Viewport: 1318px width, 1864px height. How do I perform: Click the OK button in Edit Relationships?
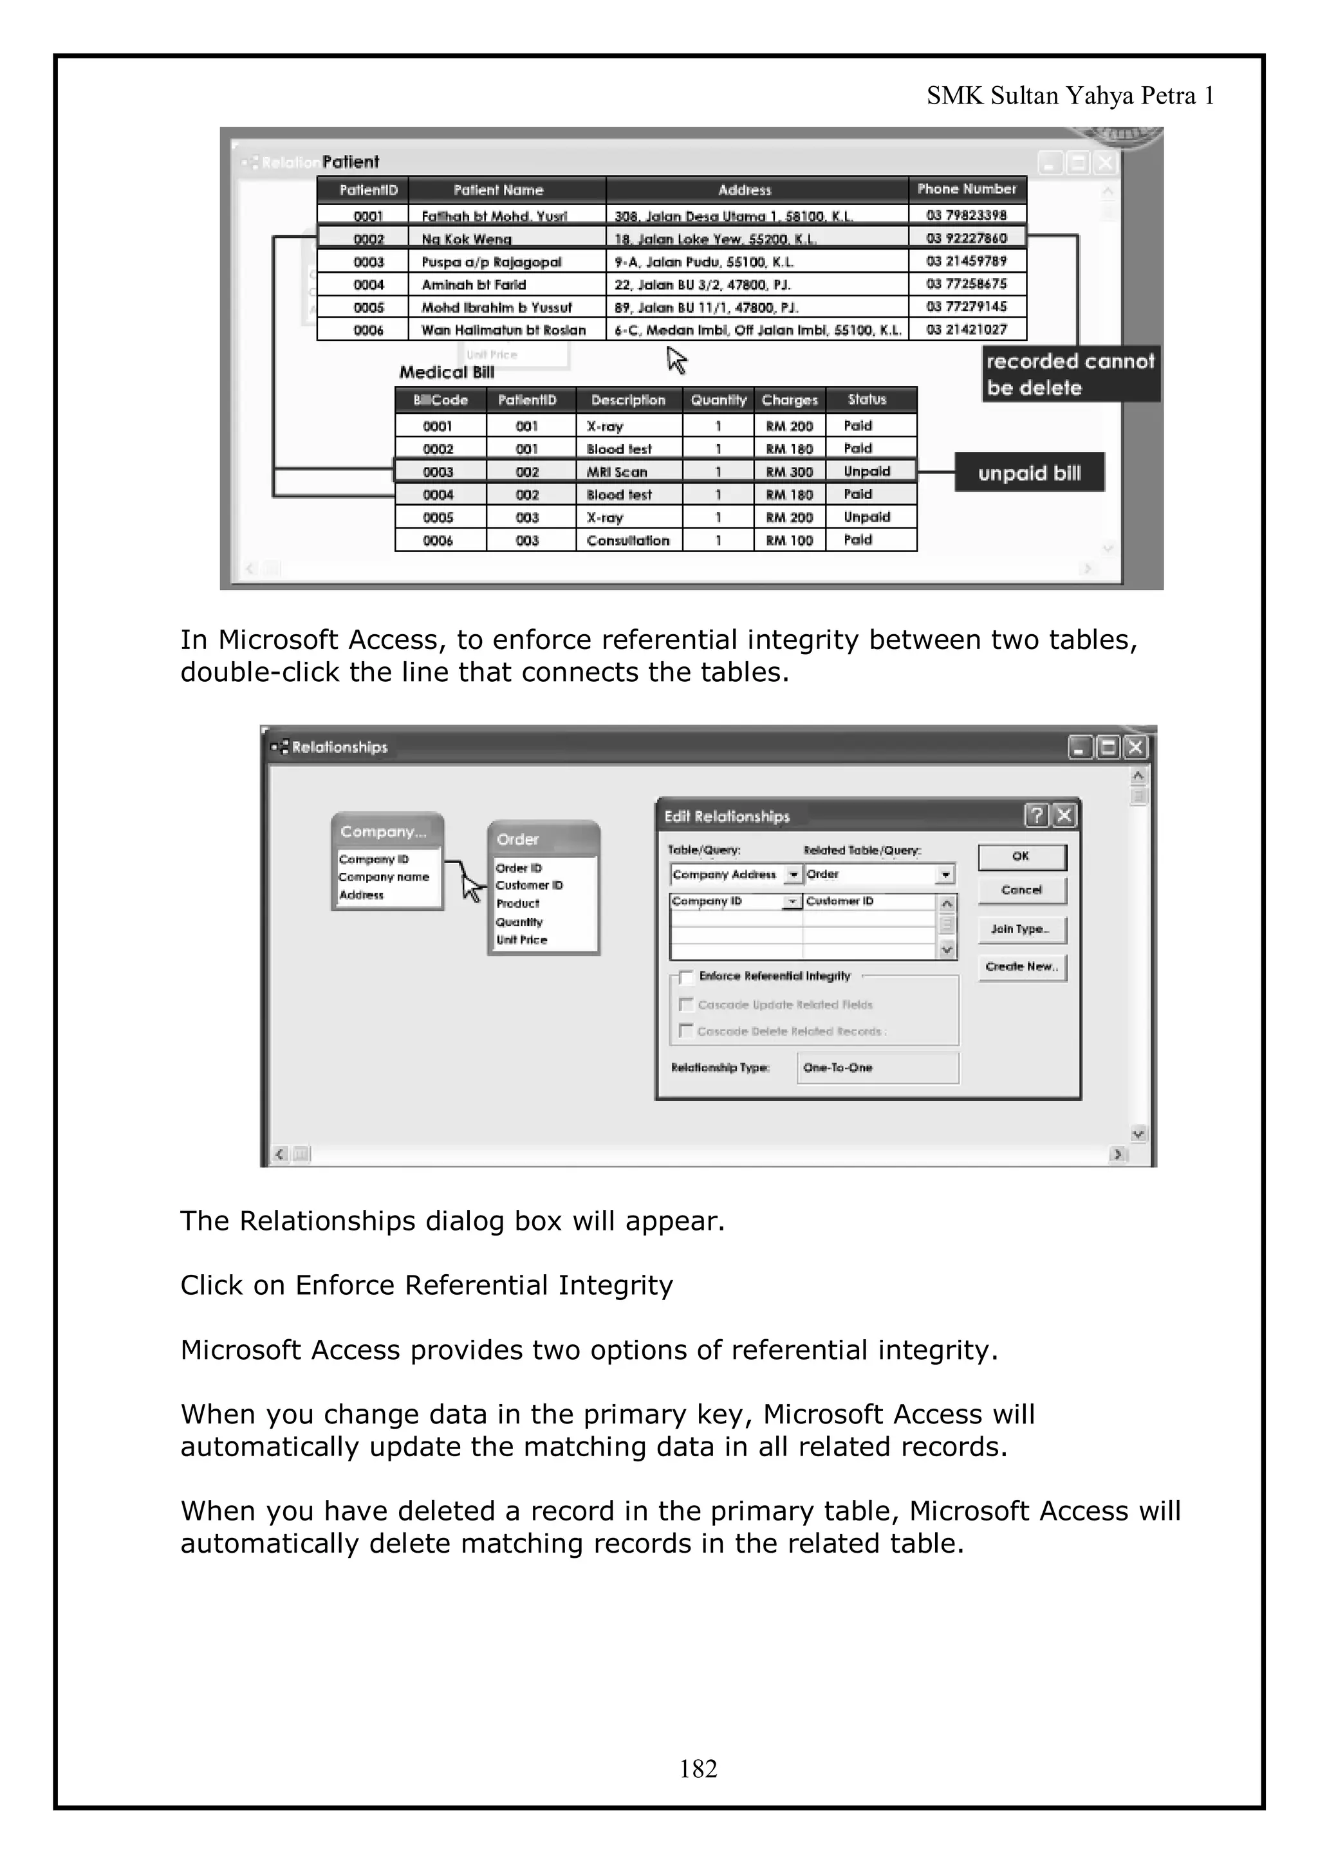1021,857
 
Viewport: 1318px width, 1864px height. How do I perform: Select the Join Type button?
1021,929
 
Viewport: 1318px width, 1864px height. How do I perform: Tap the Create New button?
1021,966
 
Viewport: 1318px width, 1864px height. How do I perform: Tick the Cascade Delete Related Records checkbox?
686,1031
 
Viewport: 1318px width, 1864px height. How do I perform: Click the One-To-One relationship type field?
877,1068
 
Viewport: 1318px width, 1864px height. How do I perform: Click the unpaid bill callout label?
1029,473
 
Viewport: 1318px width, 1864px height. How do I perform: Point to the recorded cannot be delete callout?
1070,374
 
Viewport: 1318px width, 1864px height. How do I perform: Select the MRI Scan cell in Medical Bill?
617,471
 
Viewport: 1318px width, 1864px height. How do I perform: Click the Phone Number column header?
967,189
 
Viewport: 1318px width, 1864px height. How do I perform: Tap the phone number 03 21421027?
967,329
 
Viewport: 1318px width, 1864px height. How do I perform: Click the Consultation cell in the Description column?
627,541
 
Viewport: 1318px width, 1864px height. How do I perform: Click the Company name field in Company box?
384,877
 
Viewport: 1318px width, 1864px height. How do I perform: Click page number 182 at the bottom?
698,1768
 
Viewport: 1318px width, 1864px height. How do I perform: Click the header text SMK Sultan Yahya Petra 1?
1070,96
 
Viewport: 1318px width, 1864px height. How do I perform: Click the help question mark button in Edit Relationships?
1036,815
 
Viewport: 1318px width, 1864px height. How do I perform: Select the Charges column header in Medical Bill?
790,400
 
